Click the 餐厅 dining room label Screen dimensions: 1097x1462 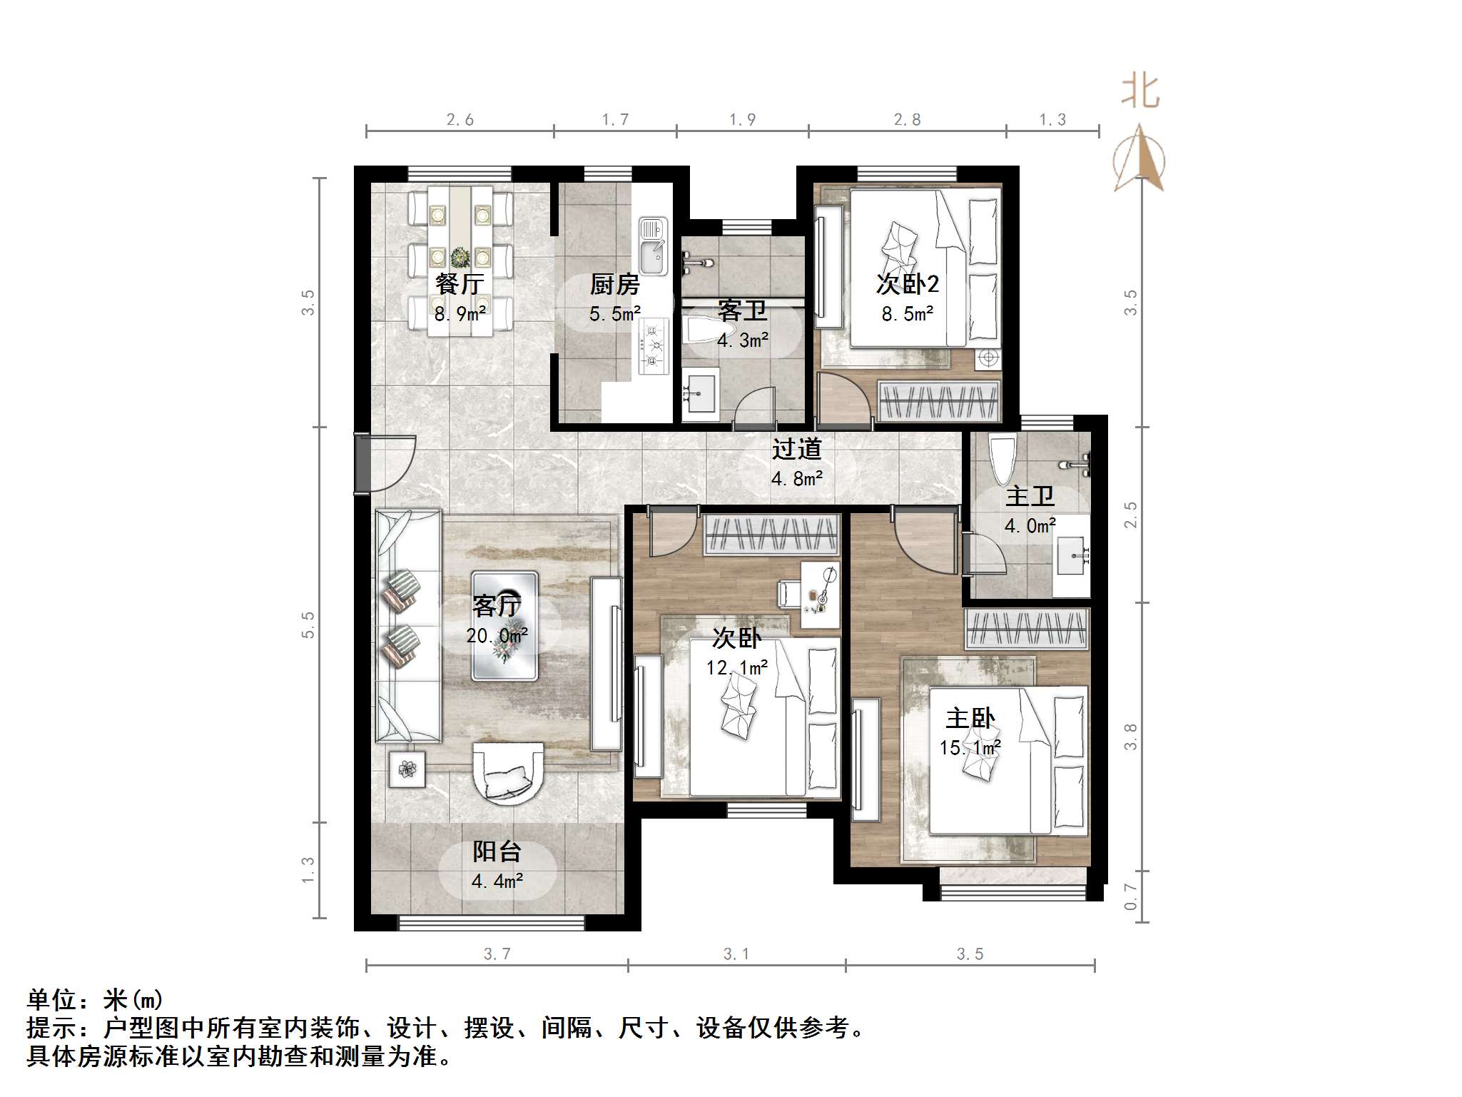click(460, 284)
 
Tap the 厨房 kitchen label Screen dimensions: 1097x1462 click(614, 285)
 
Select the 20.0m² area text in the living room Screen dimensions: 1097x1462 click(497, 635)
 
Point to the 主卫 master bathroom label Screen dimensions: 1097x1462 click(1030, 497)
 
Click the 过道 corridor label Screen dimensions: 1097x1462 click(796, 449)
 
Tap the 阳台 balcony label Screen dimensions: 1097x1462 click(497, 851)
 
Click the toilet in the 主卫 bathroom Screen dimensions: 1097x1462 click(1002, 459)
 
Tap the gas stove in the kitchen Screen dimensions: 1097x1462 click(653, 347)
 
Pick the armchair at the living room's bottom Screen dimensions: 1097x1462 click(508, 774)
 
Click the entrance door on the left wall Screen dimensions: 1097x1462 click(362, 463)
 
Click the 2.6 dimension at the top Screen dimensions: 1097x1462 click(460, 120)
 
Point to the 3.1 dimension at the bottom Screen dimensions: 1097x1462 click(736, 954)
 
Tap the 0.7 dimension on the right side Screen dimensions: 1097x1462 click(1130, 896)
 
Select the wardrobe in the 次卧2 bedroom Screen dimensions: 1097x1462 click(939, 401)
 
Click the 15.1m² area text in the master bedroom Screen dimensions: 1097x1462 click(970, 748)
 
